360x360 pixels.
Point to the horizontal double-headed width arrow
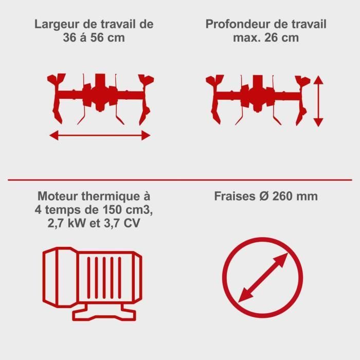pyautogui.click(x=100, y=135)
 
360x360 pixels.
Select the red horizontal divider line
pyautogui.click(x=180, y=179)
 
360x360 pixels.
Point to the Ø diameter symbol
pyautogui.click(x=263, y=196)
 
